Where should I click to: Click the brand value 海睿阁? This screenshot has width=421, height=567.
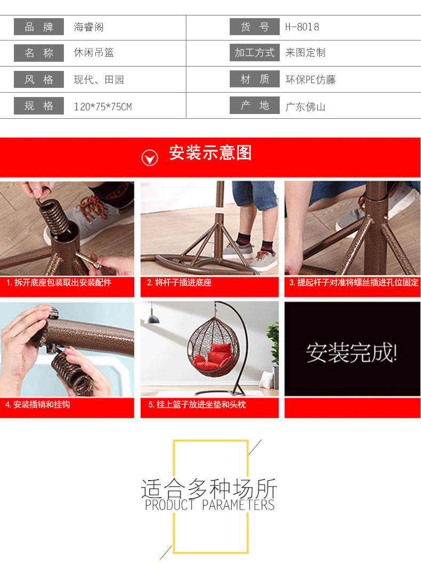point(88,27)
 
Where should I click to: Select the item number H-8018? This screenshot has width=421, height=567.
point(302,27)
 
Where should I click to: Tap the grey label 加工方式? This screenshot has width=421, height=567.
point(255,53)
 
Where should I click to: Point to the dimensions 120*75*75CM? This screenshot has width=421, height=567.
point(102,107)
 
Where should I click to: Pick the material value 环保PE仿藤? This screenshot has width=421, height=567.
point(311,80)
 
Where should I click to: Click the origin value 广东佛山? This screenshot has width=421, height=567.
point(305,107)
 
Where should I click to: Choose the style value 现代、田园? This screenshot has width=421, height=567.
point(99,80)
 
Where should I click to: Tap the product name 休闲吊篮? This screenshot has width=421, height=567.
point(94,53)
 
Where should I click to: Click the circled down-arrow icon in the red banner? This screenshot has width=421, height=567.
point(150,157)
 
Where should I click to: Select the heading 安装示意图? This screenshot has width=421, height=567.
point(210,153)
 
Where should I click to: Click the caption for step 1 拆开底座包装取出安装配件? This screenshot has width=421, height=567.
point(59,283)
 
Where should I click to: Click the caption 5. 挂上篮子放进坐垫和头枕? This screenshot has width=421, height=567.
point(197,404)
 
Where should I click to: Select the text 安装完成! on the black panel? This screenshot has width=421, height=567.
point(352,352)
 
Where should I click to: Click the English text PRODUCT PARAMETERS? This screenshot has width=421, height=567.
point(210,505)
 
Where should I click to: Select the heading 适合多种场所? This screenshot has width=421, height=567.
point(209,488)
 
